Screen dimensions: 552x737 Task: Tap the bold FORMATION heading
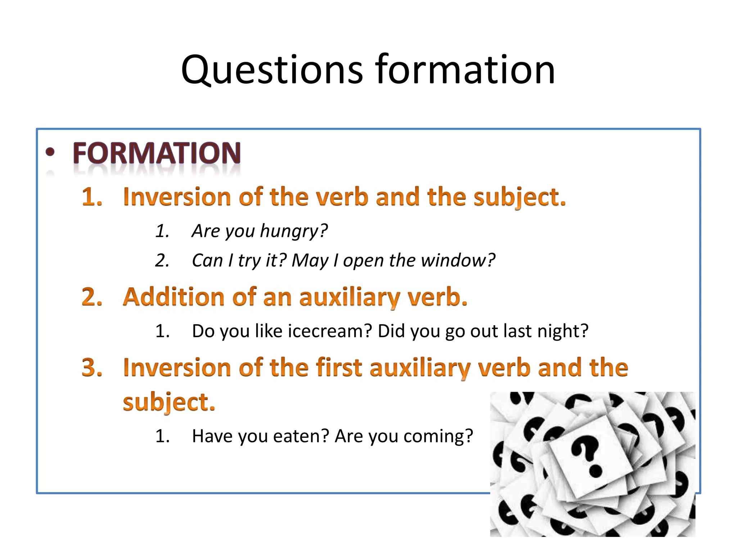(157, 153)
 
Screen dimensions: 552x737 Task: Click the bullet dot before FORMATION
(50, 152)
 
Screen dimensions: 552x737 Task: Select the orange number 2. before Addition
(92, 297)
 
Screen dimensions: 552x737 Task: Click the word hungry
(294, 231)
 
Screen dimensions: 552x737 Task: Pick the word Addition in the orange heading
(174, 297)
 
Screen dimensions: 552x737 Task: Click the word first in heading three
(339, 368)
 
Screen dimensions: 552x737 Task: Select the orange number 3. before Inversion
(92, 368)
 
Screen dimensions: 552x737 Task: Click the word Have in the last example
(212, 436)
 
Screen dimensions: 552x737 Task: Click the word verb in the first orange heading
(342, 197)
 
